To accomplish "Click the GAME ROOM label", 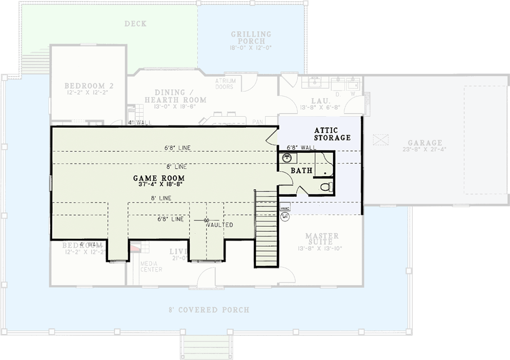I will [x=159, y=178].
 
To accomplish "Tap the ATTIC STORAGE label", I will [x=332, y=134].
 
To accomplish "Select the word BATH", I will [x=301, y=171].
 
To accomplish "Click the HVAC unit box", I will [x=284, y=209].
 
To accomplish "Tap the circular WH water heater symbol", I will [x=285, y=217].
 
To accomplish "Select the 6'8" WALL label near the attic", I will [x=302, y=147].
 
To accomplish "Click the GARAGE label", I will [x=425, y=143].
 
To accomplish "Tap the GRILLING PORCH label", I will [x=251, y=37].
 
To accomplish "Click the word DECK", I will [x=135, y=23].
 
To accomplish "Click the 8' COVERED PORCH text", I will [x=208, y=310].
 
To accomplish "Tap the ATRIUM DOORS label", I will [x=224, y=84].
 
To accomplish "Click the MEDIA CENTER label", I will [x=151, y=266].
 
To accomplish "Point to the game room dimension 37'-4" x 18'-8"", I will [x=159, y=184].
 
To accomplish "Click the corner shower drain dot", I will [x=325, y=173].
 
